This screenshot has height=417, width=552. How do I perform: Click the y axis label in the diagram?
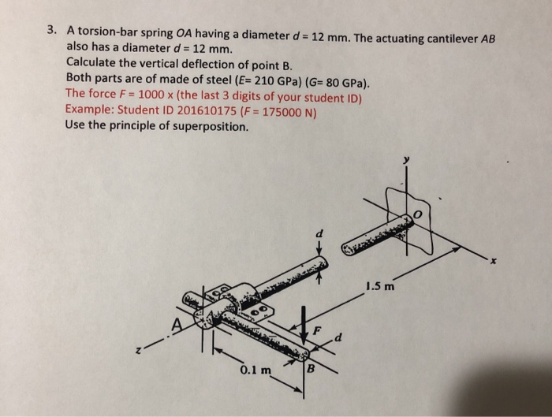tap(408, 161)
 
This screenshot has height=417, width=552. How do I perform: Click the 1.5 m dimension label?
tap(379, 286)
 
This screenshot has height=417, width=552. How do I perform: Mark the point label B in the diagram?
tap(311, 368)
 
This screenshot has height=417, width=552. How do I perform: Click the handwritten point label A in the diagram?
tap(179, 321)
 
